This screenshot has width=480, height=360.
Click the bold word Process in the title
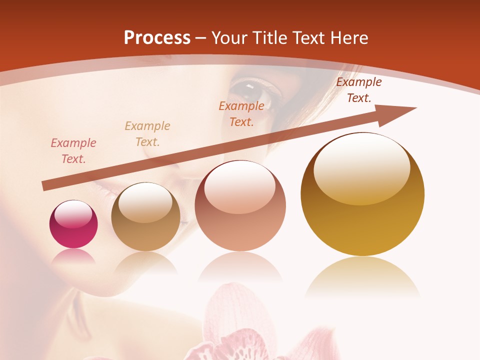coord(157,38)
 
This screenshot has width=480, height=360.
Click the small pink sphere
coord(73,224)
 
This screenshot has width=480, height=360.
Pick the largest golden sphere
coord(362,195)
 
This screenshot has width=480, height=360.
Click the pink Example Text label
coord(73,151)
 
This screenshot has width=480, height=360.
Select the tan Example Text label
coord(147,133)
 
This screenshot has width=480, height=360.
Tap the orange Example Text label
coord(241,113)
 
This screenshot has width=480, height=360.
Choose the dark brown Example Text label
coord(358,90)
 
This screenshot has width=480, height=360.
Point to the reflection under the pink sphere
coord(73,256)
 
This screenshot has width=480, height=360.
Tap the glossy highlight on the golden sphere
coord(362,168)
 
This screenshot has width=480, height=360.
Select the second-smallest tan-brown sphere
coord(145,217)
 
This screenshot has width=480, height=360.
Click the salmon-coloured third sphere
coord(240,206)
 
